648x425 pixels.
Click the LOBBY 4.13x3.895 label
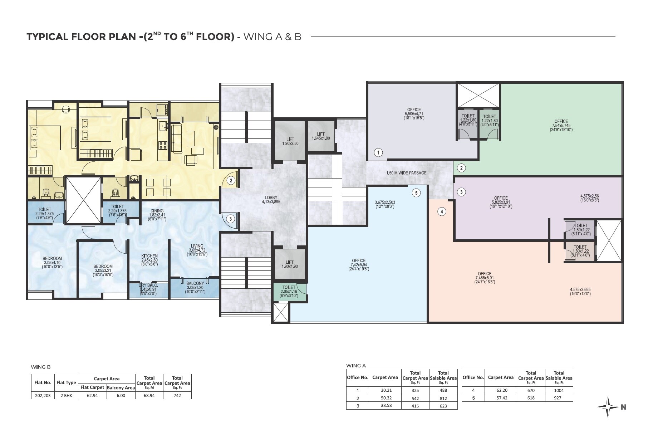tap(271, 200)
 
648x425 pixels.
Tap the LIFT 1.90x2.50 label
tap(290, 141)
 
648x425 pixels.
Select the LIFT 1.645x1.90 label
tap(321, 136)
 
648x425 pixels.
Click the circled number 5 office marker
tap(416, 193)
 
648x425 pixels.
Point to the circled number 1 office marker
tap(378, 152)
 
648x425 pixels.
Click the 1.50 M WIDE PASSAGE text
tap(406, 173)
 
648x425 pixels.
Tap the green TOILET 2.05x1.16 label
tap(289, 291)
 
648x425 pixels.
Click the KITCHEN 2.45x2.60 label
tap(149, 260)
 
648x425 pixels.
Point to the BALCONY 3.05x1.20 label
tap(195, 287)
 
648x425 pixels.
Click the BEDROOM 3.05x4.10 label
tap(52, 262)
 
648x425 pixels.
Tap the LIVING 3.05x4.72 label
tap(197, 250)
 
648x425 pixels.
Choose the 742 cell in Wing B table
tap(177, 395)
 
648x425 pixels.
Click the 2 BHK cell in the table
tap(66, 395)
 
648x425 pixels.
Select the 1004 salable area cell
tap(559, 390)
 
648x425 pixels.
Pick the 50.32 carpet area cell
tap(385, 398)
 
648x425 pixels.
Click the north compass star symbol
tap(608, 407)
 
